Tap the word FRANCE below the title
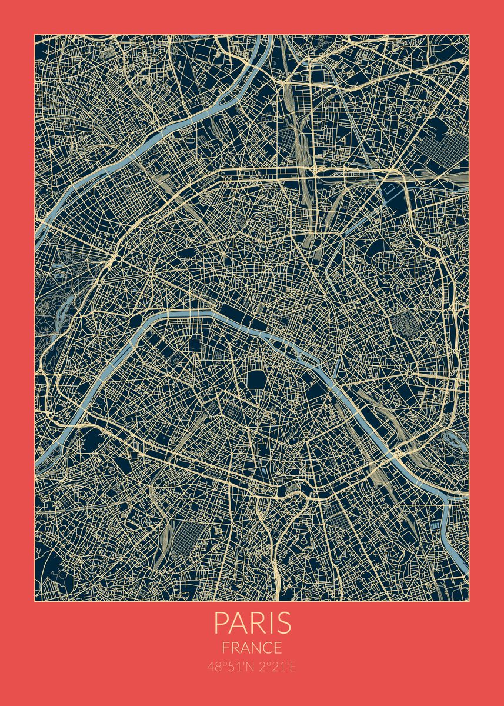pos(252,648)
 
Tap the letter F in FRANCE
pos(226,648)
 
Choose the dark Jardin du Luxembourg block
pos(257,381)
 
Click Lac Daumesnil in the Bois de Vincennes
pos(453,438)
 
